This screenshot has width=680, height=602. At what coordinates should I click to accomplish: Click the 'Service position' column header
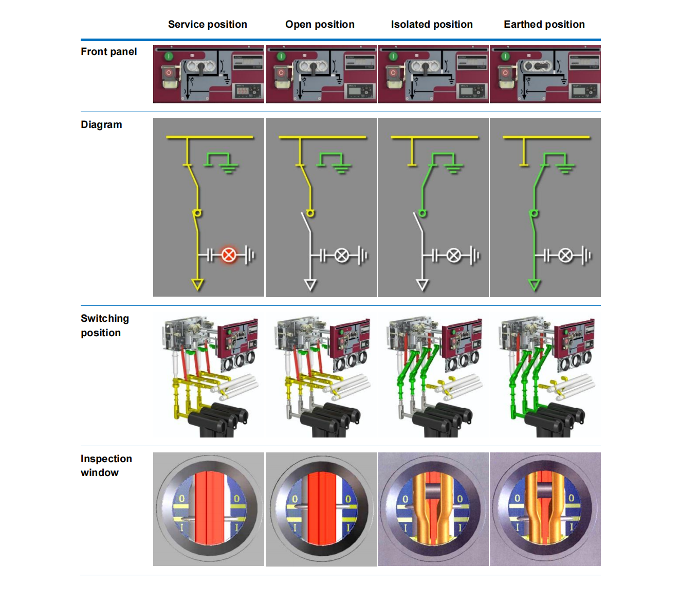tap(207, 24)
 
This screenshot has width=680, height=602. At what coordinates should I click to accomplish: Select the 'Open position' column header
tap(320, 24)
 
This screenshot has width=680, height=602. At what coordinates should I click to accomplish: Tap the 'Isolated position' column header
tap(432, 24)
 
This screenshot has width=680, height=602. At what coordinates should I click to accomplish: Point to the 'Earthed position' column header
tap(544, 24)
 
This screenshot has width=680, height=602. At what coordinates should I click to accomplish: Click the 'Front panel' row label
tap(108, 51)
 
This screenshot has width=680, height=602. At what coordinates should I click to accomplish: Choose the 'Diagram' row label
tap(101, 124)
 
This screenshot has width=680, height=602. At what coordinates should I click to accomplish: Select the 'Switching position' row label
tap(104, 325)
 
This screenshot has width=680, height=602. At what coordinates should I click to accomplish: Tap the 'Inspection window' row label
tap(106, 465)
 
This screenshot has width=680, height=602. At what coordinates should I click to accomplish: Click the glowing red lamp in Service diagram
tap(229, 255)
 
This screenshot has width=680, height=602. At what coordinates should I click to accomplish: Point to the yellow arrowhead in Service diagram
tap(197, 284)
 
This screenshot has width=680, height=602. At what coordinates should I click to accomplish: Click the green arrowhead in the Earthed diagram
tap(535, 284)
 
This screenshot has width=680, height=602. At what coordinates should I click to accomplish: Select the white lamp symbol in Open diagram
tap(342, 255)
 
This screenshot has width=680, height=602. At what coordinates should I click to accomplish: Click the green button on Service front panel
tap(169, 56)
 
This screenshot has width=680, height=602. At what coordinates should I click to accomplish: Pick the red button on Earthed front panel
tap(505, 73)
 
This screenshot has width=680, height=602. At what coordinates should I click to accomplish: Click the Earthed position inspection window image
tap(545, 509)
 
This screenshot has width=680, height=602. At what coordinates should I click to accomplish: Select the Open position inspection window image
tap(321, 509)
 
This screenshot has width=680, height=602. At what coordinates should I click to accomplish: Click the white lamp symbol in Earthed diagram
tap(565, 255)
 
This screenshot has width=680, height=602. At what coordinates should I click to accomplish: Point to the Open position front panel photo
tap(321, 74)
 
